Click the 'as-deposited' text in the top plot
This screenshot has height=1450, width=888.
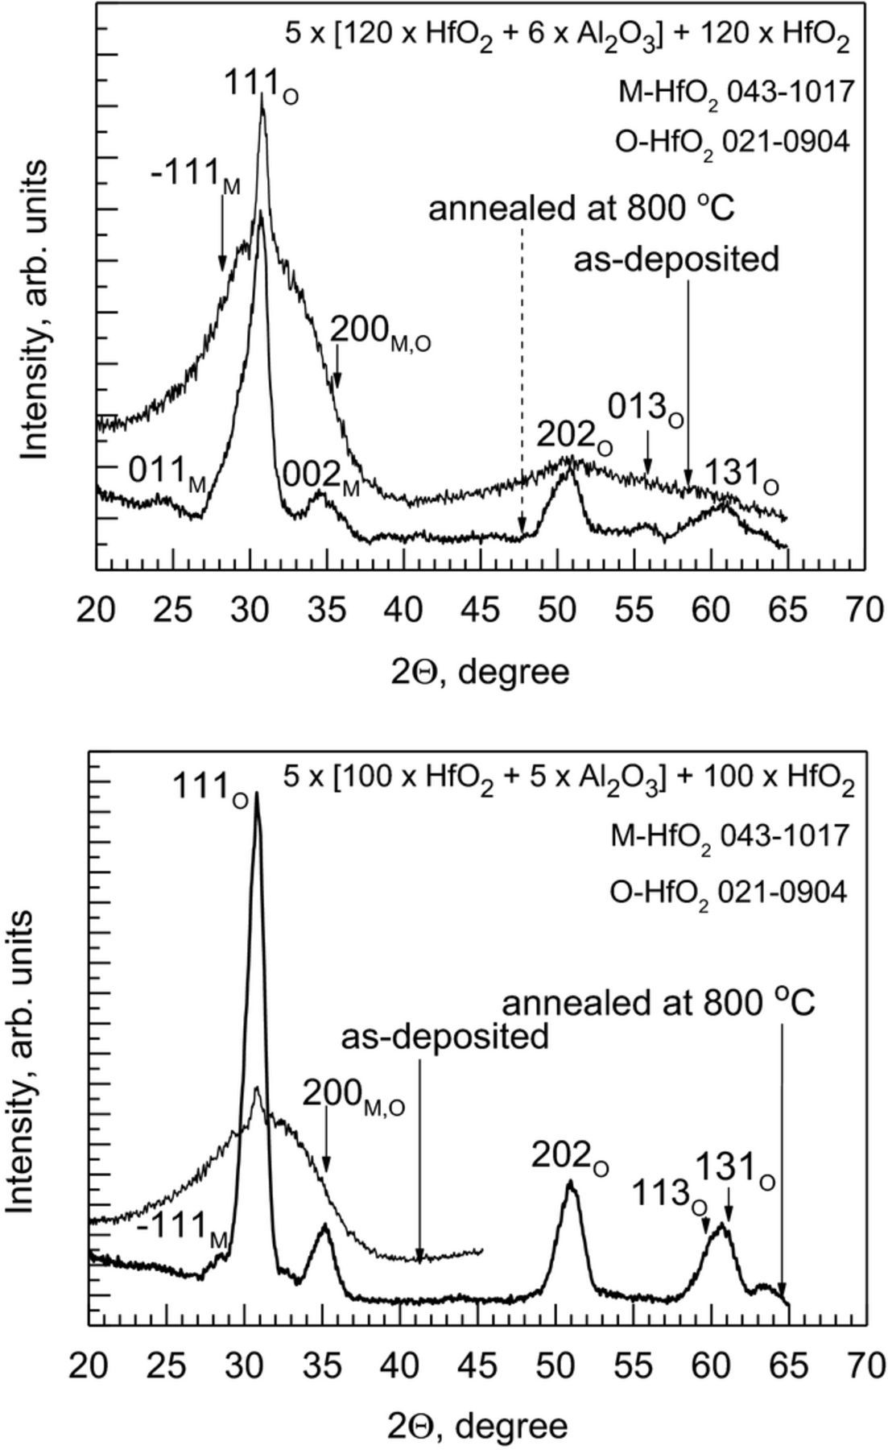click(676, 260)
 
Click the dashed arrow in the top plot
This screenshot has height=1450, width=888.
click(522, 379)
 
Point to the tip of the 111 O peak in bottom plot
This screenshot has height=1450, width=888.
click(257, 793)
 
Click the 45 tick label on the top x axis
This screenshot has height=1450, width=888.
click(480, 610)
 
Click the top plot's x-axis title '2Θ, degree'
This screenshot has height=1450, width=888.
click(480, 671)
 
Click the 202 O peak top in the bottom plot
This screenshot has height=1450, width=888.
click(570, 1183)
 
